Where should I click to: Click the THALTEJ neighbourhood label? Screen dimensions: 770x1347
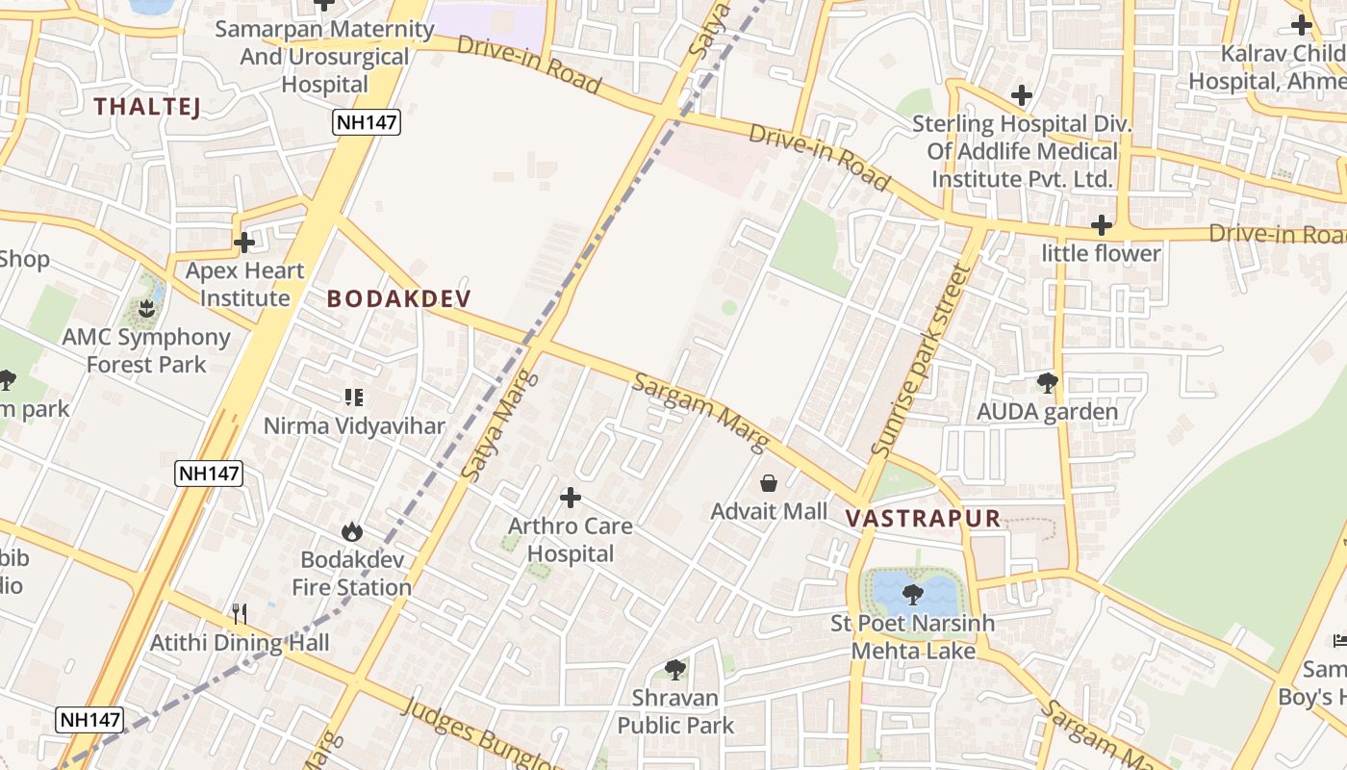click(x=147, y=107)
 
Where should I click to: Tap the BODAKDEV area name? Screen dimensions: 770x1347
click(x=399, y=298)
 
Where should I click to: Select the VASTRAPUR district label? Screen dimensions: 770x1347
click(x=923, y=518)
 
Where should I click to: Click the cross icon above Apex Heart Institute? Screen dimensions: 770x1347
click(x=244, y=243)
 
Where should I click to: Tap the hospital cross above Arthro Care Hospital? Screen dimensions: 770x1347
click(x=571, y=498)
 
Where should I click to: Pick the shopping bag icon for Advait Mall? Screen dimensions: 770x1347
click(x=769, y=482)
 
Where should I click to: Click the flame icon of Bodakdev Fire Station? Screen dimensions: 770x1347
click(x=351, y=531)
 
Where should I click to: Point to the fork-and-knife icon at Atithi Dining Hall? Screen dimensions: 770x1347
click(x=240, y=613)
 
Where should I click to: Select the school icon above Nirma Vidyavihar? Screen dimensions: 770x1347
click(x=353, y=397)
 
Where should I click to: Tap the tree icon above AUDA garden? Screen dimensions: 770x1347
click(x=1047, y=383)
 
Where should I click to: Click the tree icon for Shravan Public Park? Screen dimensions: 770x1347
click(x=675, y=669)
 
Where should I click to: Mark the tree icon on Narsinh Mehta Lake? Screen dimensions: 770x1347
click(x=912, y=594)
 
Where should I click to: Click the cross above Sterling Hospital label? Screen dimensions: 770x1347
click(x=1022, y=95)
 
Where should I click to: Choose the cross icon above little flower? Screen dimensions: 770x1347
click(x=1102, y=226)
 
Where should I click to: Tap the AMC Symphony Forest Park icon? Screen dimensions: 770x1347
click(x=146, y=309)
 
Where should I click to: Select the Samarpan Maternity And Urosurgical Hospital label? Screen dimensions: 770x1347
click(x=324, y=57)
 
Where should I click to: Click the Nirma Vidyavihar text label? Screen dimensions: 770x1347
click(x=354, y=425)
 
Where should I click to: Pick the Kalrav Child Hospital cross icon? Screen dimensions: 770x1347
click(x=1302, y=25)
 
